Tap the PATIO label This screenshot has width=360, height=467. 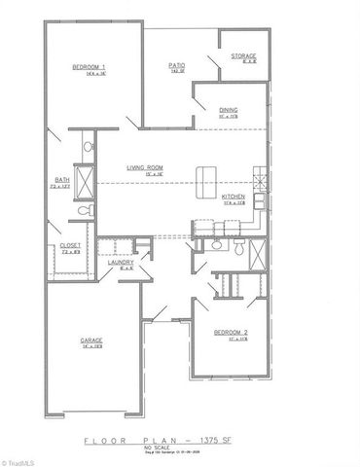pos(176,65)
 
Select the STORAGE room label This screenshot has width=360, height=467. pos(243,56)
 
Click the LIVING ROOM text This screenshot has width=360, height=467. pos(144,168)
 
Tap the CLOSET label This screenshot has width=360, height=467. pos(70,244)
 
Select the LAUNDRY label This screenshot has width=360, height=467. pos(120,263)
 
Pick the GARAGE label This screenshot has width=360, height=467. pos(91,340)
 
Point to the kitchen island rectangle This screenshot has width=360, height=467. pos(205,180)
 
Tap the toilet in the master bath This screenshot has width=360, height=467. pos(84,211)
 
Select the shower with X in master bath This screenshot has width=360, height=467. pos(84,182)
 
